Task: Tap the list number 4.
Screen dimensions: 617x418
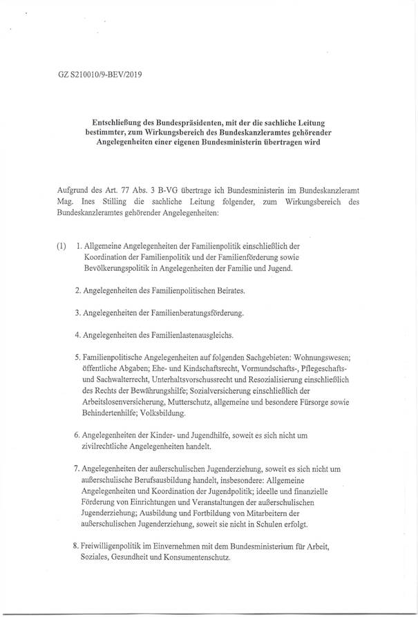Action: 77,336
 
